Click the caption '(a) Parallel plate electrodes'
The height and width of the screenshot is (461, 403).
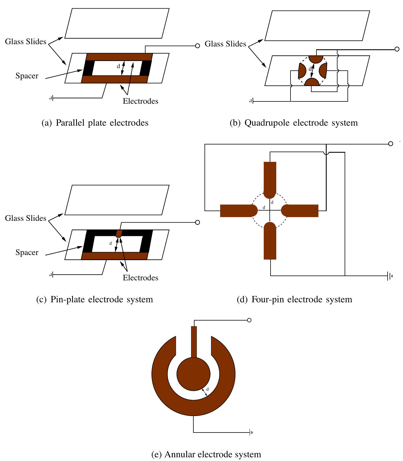coord(95,123)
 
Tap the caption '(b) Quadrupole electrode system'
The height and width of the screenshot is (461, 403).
coord(294,123)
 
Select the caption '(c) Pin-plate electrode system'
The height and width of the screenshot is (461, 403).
coord(95,299)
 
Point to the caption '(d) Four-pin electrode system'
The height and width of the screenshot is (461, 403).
coord(294,299)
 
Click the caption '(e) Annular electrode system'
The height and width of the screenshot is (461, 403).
coord(206,454)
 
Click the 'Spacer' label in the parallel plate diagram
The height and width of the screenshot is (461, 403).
coord(27,76)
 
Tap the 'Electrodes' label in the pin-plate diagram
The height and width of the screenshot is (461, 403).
coord(140,278)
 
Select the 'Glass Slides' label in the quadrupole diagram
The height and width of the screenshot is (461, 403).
coord(225,44)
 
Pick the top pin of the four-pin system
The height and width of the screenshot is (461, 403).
coord(270,178)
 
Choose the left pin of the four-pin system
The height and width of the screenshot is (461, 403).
coord(237,211)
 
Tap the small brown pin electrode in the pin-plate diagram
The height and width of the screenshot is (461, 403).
coord(119,234)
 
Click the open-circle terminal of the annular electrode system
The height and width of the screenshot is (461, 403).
coord(249,320)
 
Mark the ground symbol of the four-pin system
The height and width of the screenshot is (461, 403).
coord(390,276)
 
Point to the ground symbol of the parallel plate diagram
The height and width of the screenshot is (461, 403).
coord(52,98)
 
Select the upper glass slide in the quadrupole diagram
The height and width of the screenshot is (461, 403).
coord(317,26)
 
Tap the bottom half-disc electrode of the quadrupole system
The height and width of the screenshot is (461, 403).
coord(312,83)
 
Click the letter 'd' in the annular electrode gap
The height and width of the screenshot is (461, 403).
coord(207,389)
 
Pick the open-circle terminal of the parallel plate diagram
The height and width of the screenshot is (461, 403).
coord(198,46)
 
